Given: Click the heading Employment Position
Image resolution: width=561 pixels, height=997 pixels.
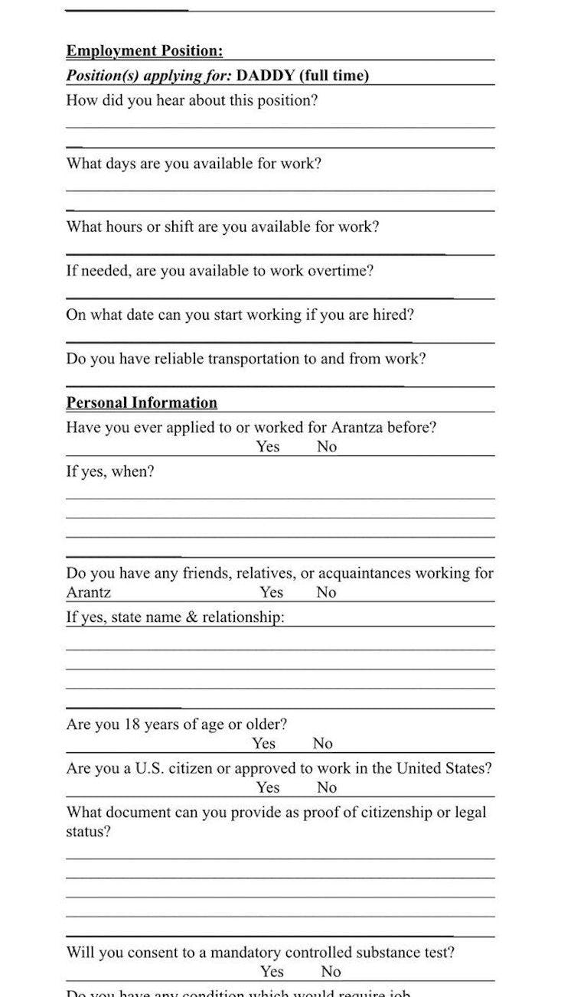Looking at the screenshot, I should [145, 51].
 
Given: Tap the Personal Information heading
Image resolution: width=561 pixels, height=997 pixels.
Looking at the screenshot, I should [142, 403].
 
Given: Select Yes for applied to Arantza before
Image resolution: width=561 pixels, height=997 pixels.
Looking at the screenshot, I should [268, 447].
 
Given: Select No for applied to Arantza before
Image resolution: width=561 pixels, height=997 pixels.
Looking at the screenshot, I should [327, 447].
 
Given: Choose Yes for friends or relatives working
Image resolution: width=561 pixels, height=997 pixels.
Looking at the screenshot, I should [272, 592].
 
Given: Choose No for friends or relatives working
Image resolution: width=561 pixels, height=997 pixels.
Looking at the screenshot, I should [327, 592].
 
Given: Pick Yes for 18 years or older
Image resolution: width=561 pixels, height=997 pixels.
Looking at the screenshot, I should [264, 744].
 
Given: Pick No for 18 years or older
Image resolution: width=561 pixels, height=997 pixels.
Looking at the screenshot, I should [322, 744].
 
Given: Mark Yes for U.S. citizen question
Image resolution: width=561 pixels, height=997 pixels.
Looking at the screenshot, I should [268, 788].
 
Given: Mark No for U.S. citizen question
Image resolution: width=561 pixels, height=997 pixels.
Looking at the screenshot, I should [327, 788].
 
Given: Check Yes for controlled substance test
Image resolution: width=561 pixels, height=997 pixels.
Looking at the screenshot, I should [272, 972].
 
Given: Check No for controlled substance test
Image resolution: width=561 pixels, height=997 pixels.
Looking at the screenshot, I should [331, 972].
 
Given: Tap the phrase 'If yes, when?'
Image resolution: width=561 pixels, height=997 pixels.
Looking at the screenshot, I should [110, 472].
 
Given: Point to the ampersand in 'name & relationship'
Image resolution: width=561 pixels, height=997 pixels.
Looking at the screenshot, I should [191, 617].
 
